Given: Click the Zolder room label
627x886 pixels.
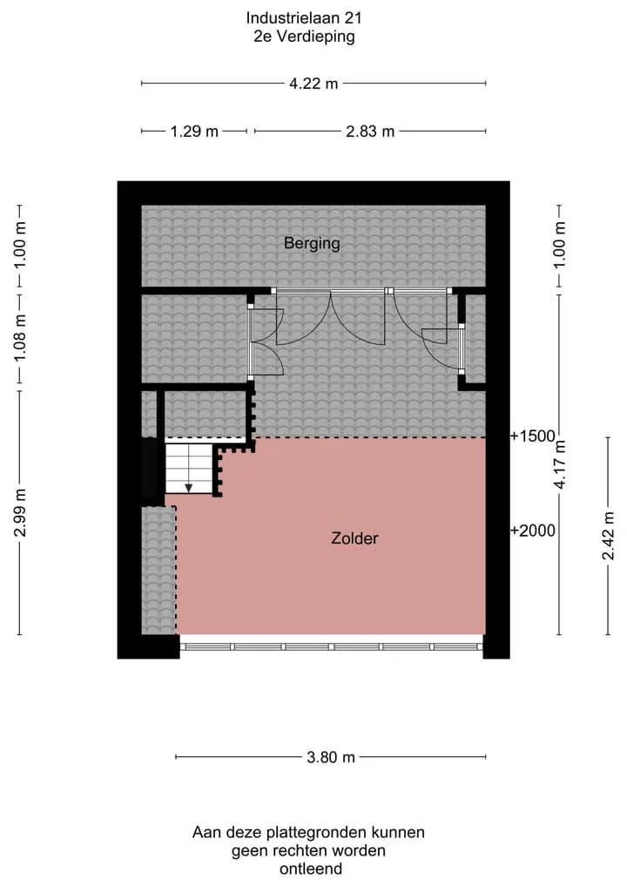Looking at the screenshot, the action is click(354, 538).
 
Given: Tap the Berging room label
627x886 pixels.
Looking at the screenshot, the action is click(312, 244).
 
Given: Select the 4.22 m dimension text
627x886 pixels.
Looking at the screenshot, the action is click(313, 84).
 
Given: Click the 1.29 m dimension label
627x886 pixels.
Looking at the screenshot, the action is click(194, 131).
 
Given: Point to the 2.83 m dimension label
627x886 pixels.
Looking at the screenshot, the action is click(370, 131).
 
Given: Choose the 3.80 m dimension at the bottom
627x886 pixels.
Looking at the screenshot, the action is click(331, 756).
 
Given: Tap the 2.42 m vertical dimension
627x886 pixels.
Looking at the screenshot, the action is click(608, 536).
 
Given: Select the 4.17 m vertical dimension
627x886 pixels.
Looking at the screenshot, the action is click(559, 464).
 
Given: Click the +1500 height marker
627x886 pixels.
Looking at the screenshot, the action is click(533, 436).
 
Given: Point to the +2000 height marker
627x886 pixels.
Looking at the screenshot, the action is click(533, 531).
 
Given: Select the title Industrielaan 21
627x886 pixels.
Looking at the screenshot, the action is click(304, 18).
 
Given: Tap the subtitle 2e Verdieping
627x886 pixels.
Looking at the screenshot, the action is click(304, 37).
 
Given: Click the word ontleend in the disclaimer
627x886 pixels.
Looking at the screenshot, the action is click(311, 869).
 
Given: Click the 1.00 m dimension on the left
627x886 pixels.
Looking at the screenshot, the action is click(20, 246).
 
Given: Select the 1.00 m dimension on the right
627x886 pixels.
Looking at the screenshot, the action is click(559, 246).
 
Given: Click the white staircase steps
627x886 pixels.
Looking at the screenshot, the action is click(188, 469).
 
